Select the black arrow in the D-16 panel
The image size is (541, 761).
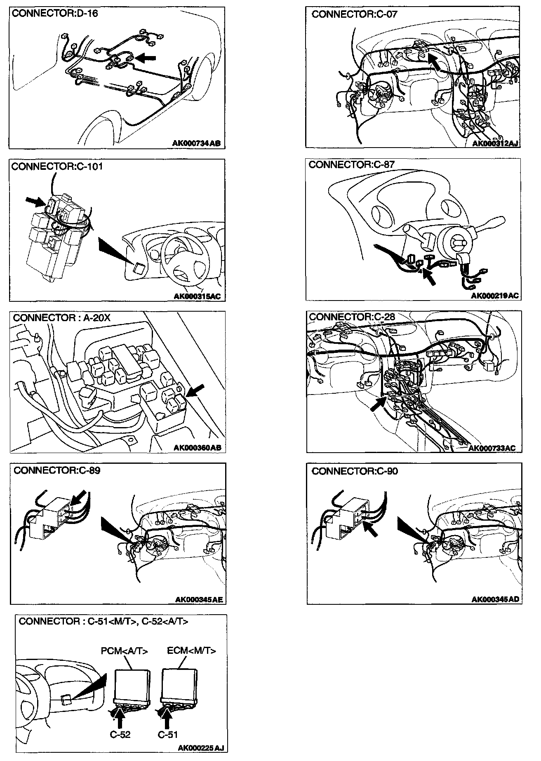pos(146,58)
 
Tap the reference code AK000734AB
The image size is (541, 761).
pos(196,143)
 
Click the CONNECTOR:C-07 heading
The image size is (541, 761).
pos(354,14)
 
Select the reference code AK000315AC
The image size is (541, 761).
pos(199,296)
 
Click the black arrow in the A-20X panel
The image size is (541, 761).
pos(195,391)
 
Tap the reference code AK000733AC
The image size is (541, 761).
pos(492,448)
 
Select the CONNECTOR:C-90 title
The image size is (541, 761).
pos(355,471)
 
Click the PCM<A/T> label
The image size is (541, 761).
pos(125,651)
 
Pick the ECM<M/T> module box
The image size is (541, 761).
pos(179,685)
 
